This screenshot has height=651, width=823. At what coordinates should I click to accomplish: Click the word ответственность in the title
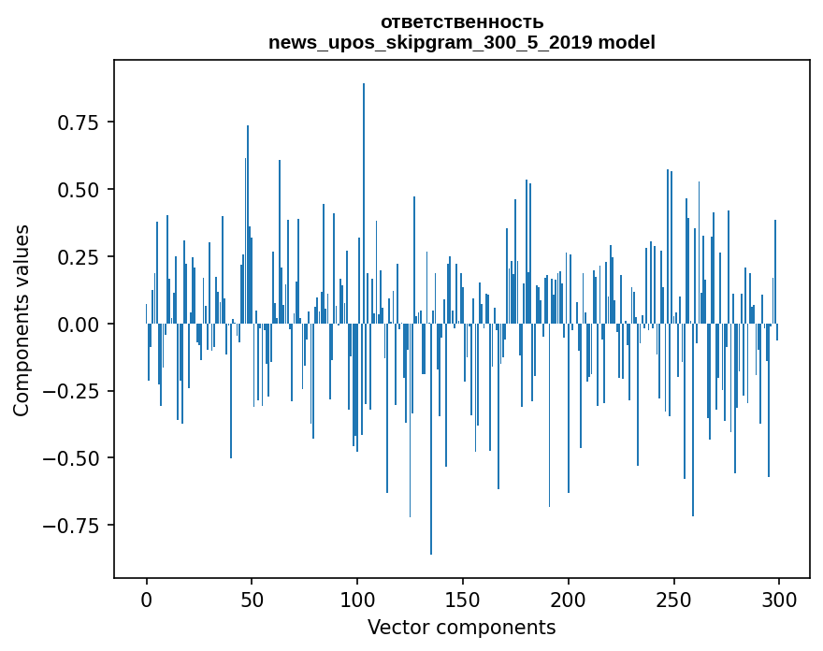pyautogui.click(x=461, y=22)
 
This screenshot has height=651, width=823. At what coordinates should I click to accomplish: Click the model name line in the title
pyautogui.click(x=461, y=42)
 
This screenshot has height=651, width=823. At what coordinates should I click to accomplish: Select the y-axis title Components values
pyautogui.click(x=22, y=320)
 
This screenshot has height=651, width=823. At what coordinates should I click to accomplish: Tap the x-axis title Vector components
pyautogui.click(x=461, y=628)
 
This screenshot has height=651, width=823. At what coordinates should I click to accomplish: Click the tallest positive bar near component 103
pyautogui.click(x=364, y=187)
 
